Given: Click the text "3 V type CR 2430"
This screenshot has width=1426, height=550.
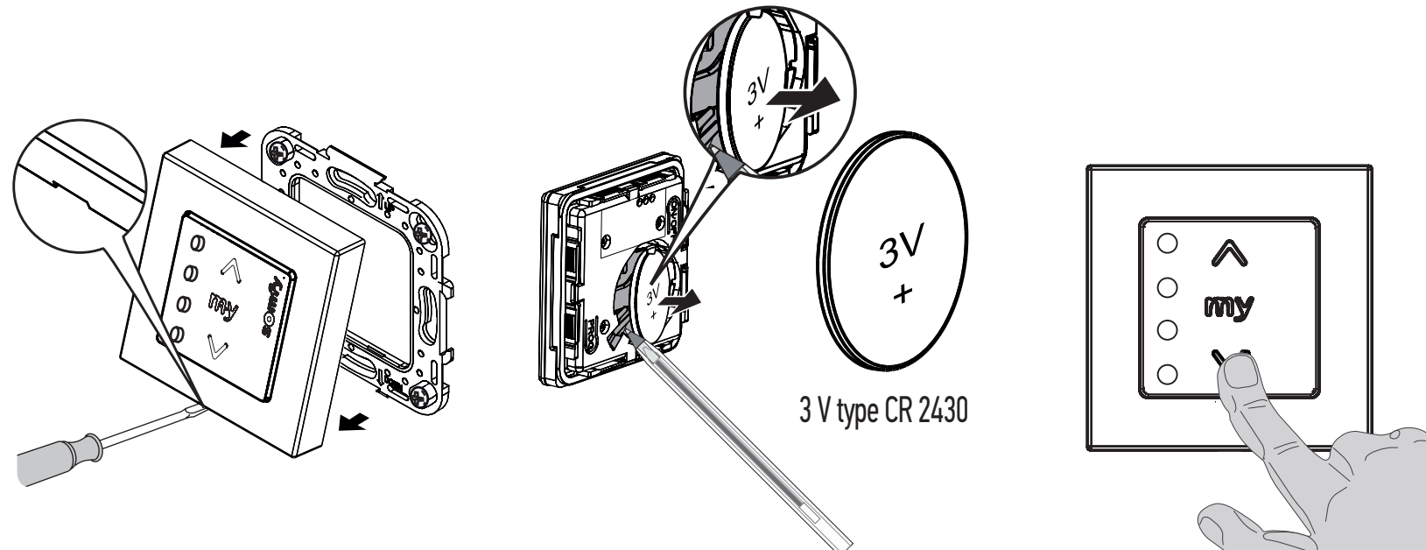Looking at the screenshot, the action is [x=883, y=410].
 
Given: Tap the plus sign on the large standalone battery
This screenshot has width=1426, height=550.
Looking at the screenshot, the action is [x=903, y=293].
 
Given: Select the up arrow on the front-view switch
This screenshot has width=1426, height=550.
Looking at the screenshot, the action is [x=1229, y=253].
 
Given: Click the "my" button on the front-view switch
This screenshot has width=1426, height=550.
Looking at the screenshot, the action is [x=1229, y=308].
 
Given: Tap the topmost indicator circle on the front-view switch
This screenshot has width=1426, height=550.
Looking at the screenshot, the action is [x=1167, y=243].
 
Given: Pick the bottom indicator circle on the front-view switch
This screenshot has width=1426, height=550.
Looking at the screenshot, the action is [x=1167, y=374].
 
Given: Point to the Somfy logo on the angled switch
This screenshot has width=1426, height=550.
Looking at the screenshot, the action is [x=271, y=307].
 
